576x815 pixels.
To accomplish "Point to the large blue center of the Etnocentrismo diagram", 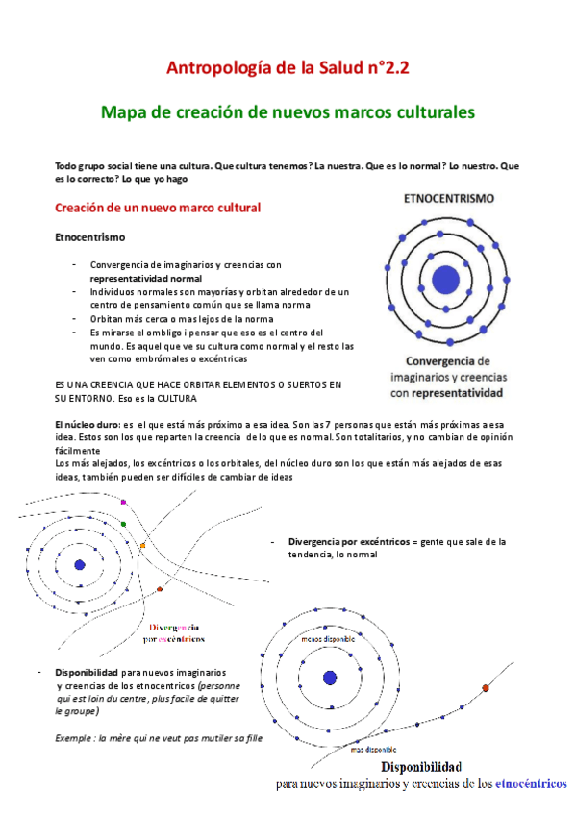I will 445,280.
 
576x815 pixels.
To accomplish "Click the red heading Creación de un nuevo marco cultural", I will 158,208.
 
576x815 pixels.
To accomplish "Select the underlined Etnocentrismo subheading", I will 88,236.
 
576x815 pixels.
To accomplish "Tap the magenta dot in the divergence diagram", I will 123,502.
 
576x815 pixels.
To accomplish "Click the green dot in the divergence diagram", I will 138,524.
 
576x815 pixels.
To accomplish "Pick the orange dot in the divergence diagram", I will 142,546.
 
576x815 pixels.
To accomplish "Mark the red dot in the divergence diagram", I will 159,589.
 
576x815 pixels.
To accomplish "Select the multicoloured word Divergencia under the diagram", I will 174,626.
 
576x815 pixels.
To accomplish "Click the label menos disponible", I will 328,638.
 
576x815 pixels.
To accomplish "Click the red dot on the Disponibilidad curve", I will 485,688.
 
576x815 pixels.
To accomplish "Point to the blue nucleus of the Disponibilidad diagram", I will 330,678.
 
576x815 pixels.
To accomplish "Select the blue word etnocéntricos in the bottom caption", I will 530,783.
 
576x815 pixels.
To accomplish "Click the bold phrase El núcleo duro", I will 87,424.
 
